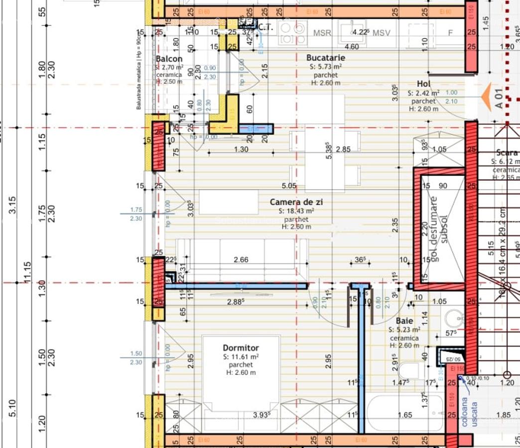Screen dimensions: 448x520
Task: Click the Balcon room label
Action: point(169,59)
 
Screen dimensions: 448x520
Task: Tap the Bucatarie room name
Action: point(326,58)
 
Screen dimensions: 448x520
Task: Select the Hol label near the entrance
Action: point(423,84)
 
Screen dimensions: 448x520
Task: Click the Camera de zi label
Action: point(296,202)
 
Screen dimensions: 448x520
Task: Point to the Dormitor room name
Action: point(241,348)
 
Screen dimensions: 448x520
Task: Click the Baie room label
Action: point(404,322)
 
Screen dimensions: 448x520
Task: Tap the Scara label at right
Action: point(507,153)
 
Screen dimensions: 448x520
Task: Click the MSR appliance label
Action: point(322,33)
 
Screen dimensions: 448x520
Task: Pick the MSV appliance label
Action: point(381,33)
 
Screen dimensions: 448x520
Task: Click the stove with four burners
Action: point(292,32)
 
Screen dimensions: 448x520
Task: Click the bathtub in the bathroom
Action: point(405,414)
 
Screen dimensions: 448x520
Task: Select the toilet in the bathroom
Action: point(413,371)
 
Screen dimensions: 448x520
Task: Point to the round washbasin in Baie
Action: point(454,318)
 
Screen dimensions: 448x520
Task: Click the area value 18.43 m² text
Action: point(296,211)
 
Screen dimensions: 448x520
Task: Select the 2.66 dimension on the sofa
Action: point(241,259)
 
